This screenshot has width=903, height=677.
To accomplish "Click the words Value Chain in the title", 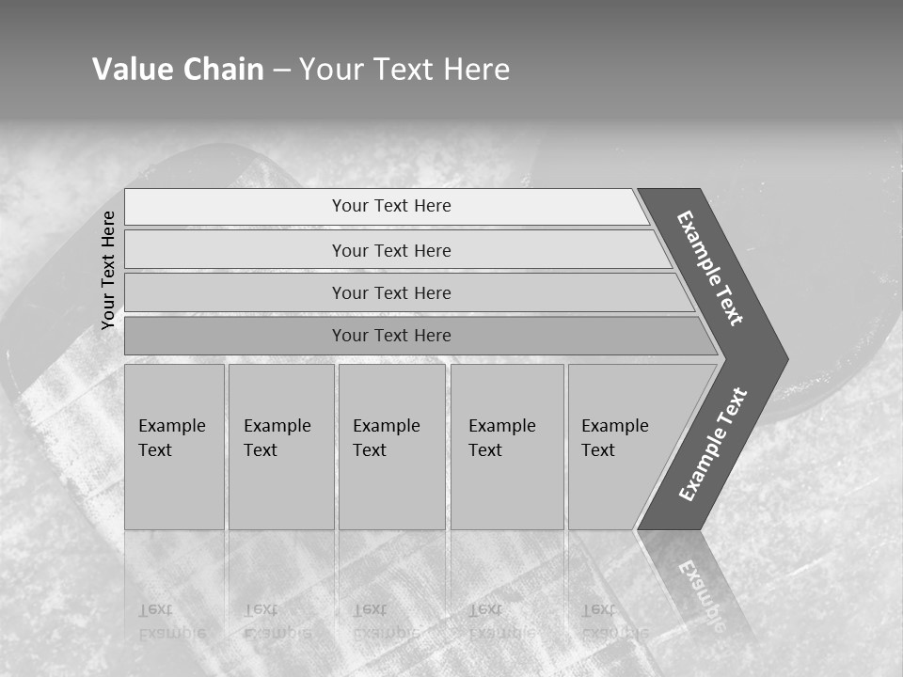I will pyautogui.click(x=178, y=70).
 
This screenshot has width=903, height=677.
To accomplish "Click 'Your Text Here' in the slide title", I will pyautogui.click(x=404, y=70).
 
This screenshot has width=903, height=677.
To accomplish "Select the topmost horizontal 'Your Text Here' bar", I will pyautogui.click(x=391, y=206).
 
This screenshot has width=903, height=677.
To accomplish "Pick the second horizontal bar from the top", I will pyautogui.click(x=391, y=250).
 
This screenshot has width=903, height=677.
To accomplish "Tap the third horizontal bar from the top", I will pyautogui.click(x=391, y=292).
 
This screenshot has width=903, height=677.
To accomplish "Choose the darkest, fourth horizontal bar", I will pyautogui.click(x=391, y=336).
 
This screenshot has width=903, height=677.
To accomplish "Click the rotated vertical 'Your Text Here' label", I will pyautogui.click(x=109, y=270).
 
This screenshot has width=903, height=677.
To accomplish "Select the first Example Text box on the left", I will pyautogui.click(x=174, y=447).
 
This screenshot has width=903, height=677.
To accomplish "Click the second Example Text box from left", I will pyautogui.click(x=280, y=447).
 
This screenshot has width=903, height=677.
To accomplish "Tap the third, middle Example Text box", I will pyautogui.click(x=391, y=447).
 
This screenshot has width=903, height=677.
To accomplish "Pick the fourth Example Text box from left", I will pyautogui.click(x=507, y=447).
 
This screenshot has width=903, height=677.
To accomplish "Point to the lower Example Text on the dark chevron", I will pyautogui.click(x=713, y=445).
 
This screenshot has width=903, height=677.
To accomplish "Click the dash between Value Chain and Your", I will pyautogui.click(x=281, y=71).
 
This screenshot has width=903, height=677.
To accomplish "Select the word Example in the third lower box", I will pyautogui.click(x=387, y=426).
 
